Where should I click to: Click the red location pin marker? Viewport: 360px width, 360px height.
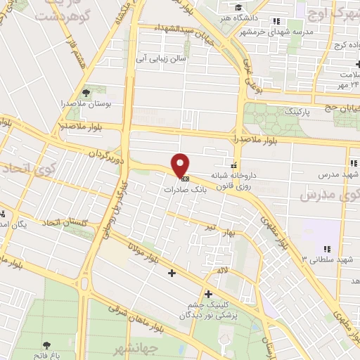pyautogui.click(x=181, y=165)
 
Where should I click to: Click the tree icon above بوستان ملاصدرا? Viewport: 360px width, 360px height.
pyautogui.click(x=86, y=92)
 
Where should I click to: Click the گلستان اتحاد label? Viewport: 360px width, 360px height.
pyautogui.click(x=64, y=223)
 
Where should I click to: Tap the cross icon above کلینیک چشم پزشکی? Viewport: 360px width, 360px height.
pyautogui.click(x=208, y=293)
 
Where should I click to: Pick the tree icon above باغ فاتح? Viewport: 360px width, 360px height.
pyautogui.click(x=47, y=345)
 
